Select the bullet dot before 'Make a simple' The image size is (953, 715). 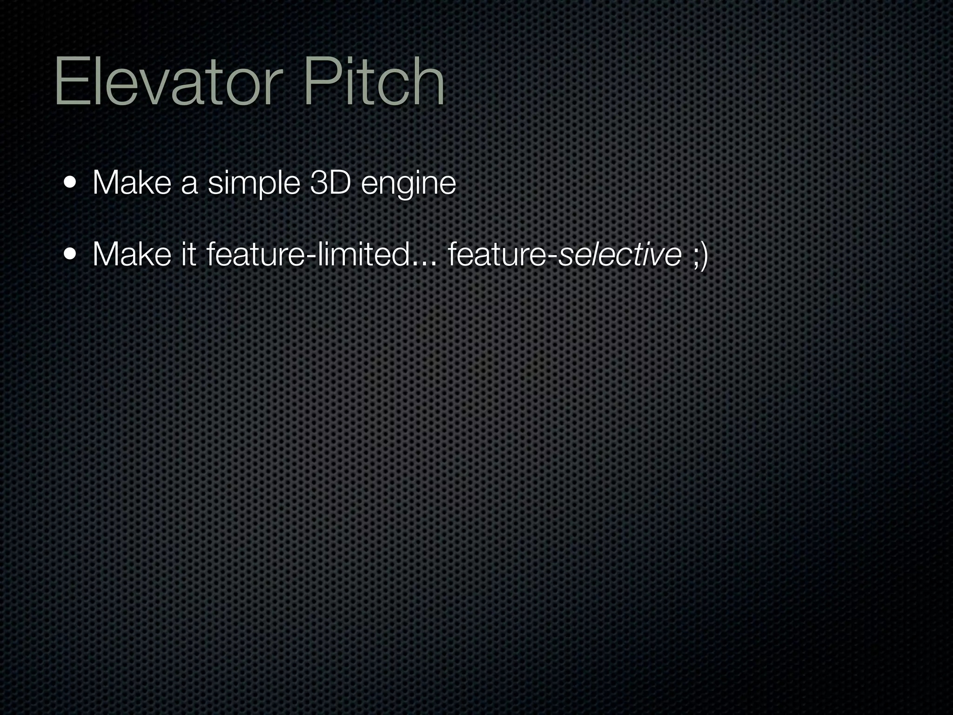click(x=71, y=182)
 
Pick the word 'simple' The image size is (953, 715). click(x=254, y=183)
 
